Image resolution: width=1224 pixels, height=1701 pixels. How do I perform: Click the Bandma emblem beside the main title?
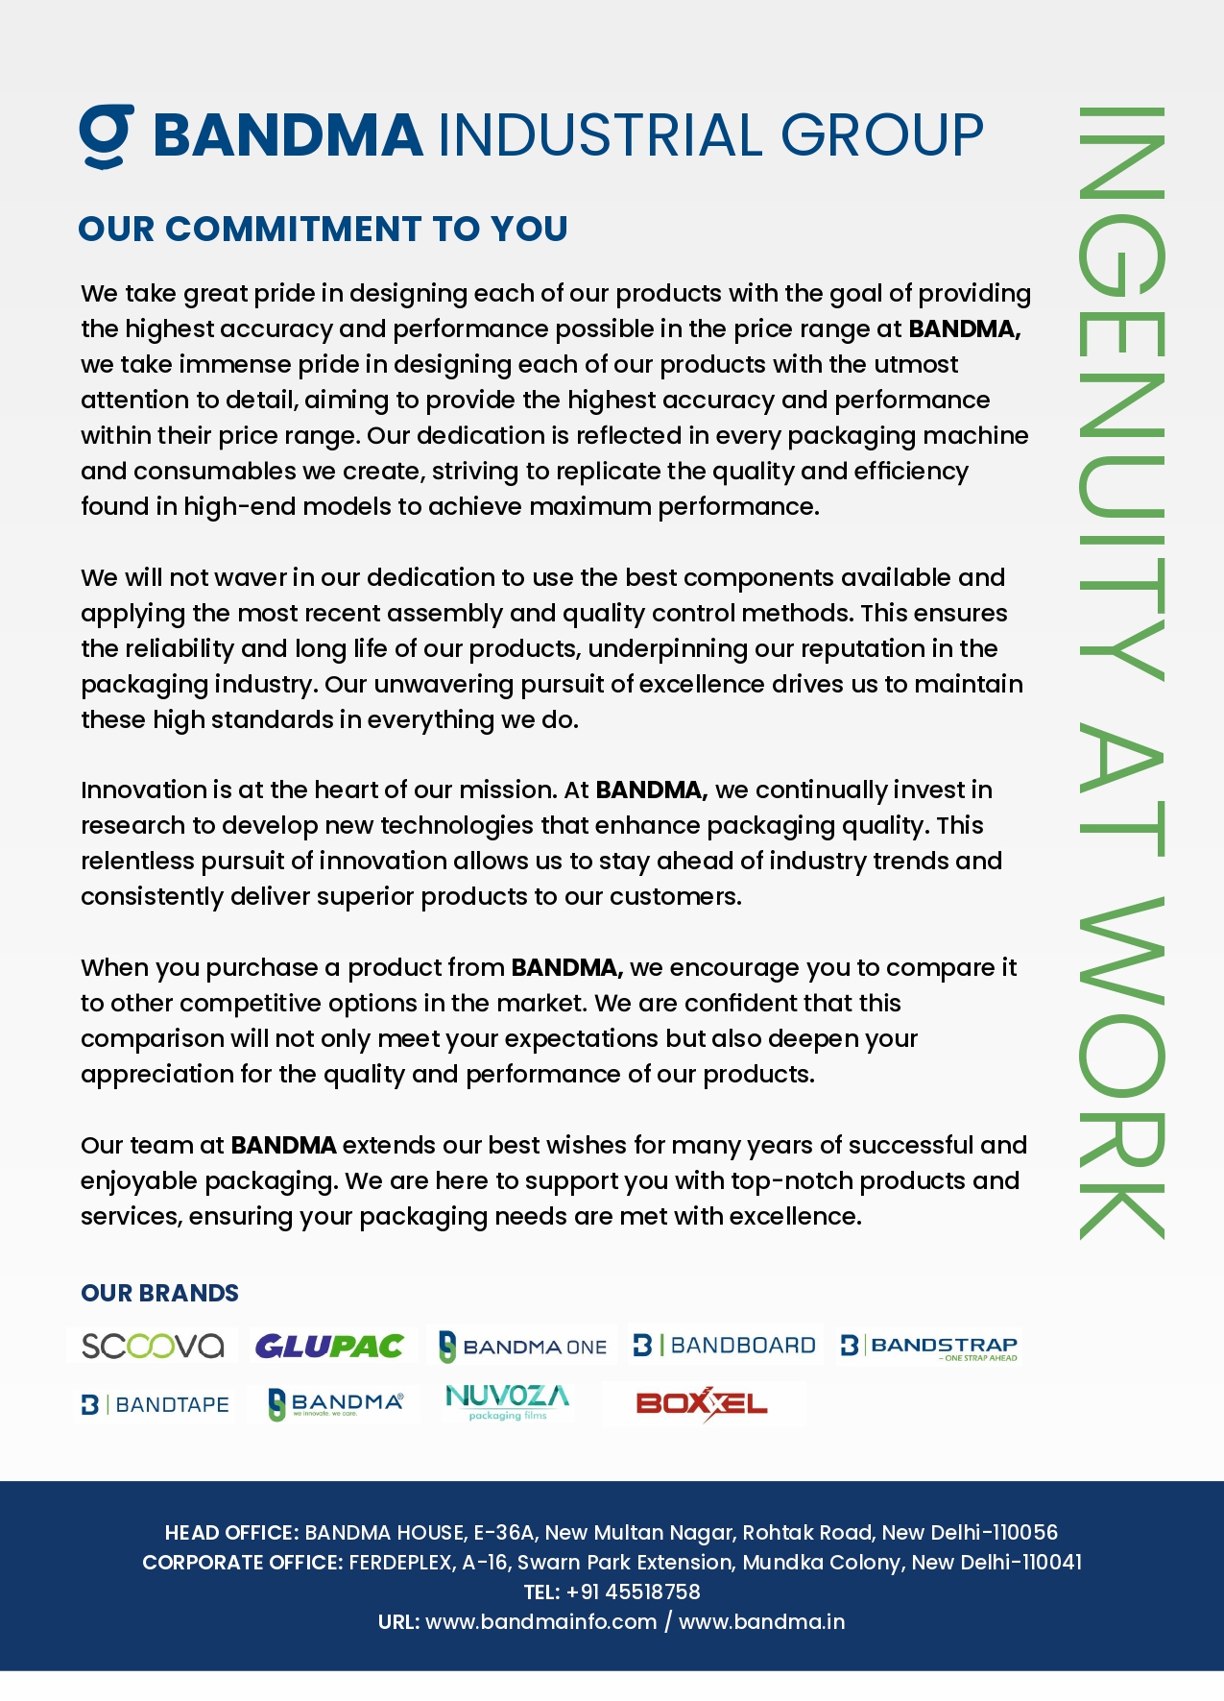106,135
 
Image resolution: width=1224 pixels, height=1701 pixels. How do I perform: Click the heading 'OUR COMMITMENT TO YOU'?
323,229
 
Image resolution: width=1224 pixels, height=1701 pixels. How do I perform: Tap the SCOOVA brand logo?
153,1345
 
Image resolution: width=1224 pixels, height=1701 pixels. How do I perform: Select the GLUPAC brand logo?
329,1346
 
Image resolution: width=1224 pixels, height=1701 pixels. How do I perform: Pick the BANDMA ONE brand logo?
523,1347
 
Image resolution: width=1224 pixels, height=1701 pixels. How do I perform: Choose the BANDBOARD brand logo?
725,1345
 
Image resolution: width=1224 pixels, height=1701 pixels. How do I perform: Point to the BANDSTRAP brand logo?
928,1347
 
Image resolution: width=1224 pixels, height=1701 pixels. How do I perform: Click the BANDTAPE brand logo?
156,1404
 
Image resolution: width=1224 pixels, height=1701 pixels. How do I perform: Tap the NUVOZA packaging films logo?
507,1401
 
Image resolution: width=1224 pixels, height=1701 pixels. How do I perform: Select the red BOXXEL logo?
702,1403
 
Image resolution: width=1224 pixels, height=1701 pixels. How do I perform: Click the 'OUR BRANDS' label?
159,1293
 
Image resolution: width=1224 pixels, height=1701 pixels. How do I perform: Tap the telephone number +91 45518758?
634,1592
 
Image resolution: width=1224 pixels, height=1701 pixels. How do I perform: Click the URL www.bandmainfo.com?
540,1621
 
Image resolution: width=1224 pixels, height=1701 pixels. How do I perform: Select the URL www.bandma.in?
761,1621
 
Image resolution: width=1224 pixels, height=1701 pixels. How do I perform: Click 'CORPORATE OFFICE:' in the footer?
242,1562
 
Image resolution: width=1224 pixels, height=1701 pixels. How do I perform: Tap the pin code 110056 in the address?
1024,1532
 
